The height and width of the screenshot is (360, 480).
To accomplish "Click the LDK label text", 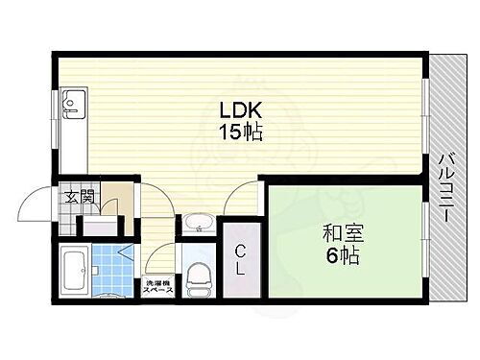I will point(239,110).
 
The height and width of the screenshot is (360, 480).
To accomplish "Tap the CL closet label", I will point(241,259).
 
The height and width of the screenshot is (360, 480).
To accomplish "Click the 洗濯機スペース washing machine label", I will point(156,287).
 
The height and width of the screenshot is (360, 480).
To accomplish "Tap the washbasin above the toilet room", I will point(198,224).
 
